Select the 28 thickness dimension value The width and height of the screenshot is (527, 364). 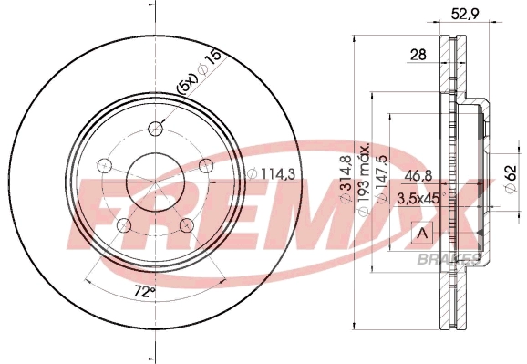[418, 55]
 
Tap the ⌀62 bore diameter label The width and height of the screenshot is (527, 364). [511, 174]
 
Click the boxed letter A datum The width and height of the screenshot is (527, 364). [421, 234]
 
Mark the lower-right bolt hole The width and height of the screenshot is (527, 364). [188, 225]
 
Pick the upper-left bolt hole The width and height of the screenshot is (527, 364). [104, 165]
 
